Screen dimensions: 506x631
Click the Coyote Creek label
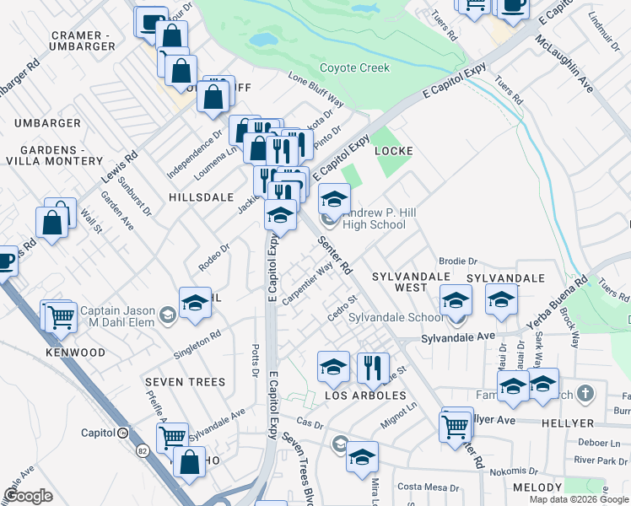pos(353,68)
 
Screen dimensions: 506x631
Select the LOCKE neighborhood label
pos(394,151)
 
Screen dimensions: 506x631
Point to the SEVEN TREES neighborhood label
pos(185,382)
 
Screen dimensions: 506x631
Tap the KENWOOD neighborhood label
pos(76,353)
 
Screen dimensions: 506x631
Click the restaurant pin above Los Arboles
pos(371,366)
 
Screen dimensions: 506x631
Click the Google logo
pos(30,496)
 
